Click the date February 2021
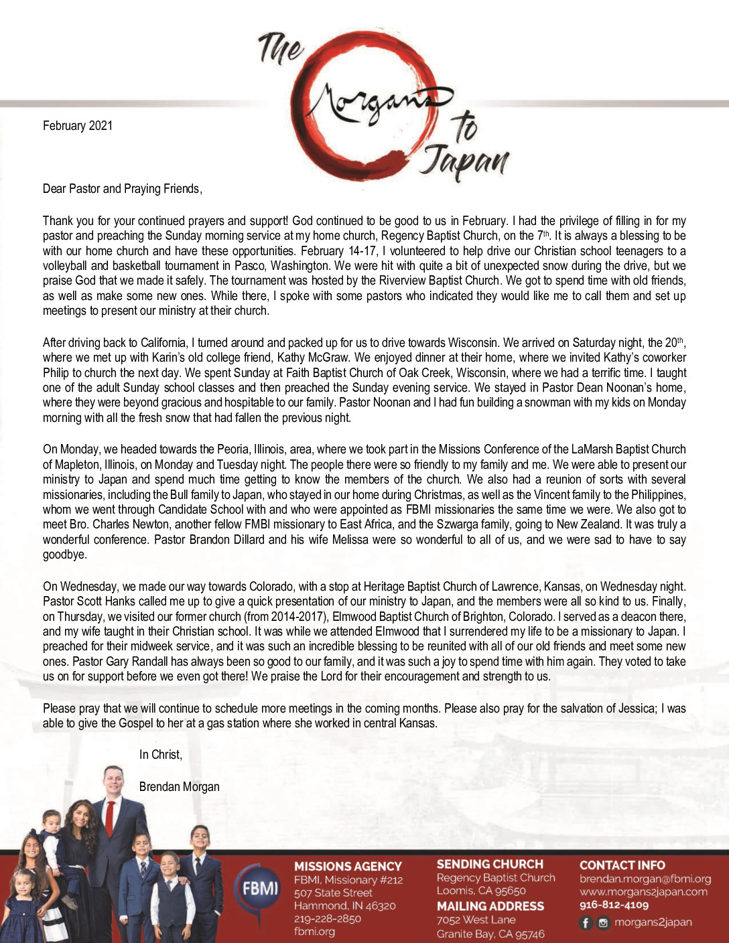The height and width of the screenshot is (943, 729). [78, 126]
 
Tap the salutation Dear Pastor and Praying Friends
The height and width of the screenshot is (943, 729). [122, 189]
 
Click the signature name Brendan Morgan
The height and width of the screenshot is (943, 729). [179, 786]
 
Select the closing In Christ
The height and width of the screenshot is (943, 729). [160, 755]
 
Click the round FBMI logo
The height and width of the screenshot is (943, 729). [259, 889]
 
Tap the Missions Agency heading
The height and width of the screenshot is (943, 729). [348, 867]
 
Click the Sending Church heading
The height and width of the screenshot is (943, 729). [490, 865]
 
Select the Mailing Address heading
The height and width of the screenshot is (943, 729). [490, 906]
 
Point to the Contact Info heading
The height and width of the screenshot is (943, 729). [622, 865]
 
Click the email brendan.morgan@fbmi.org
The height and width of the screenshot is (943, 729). [645, 879]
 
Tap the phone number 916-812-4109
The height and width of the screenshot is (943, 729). [614, 905]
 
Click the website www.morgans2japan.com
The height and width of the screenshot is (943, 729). [643, 891]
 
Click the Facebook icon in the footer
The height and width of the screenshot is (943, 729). [586, 923]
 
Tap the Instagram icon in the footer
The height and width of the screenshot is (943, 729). [603, 923]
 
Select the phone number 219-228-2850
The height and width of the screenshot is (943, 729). [327, 918]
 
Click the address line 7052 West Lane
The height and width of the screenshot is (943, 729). [476, 920]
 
